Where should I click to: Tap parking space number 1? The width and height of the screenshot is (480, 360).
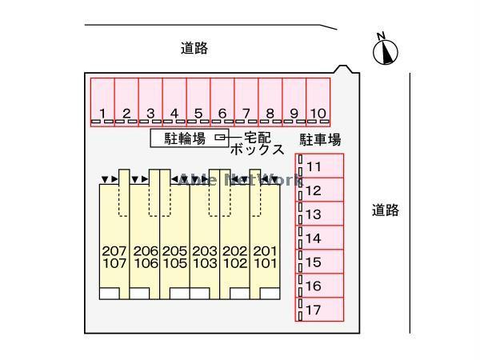(x=102, y=100)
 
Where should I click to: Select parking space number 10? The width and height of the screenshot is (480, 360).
(x=318, y=100)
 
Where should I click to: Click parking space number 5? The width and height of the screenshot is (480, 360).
(x=198, y=100)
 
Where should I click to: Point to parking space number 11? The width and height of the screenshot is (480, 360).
(x=320, y=166)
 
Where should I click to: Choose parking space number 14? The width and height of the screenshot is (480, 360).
(x=320, y=238)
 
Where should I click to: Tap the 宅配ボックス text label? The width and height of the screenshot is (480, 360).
(x=257, y=143)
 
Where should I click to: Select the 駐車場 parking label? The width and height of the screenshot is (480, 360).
(x=320, y=140)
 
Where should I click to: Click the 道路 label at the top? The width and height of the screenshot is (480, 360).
(x=194, y=49)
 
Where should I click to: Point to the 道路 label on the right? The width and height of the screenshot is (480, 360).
(x=385, y=210)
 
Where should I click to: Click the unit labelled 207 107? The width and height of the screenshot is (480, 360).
(x=114, y=256)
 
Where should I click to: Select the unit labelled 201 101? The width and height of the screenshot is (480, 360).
(x=265, y=256)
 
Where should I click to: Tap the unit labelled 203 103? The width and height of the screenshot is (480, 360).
(x=205, y=256)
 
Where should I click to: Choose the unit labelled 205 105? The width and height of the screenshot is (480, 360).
(x=174, y=256)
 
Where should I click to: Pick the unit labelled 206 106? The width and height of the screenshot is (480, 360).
(x=145, y=256)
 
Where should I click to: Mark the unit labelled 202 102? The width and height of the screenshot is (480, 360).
(x=234, y=256)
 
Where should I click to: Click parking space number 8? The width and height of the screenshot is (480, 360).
(x=270, y=100)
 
